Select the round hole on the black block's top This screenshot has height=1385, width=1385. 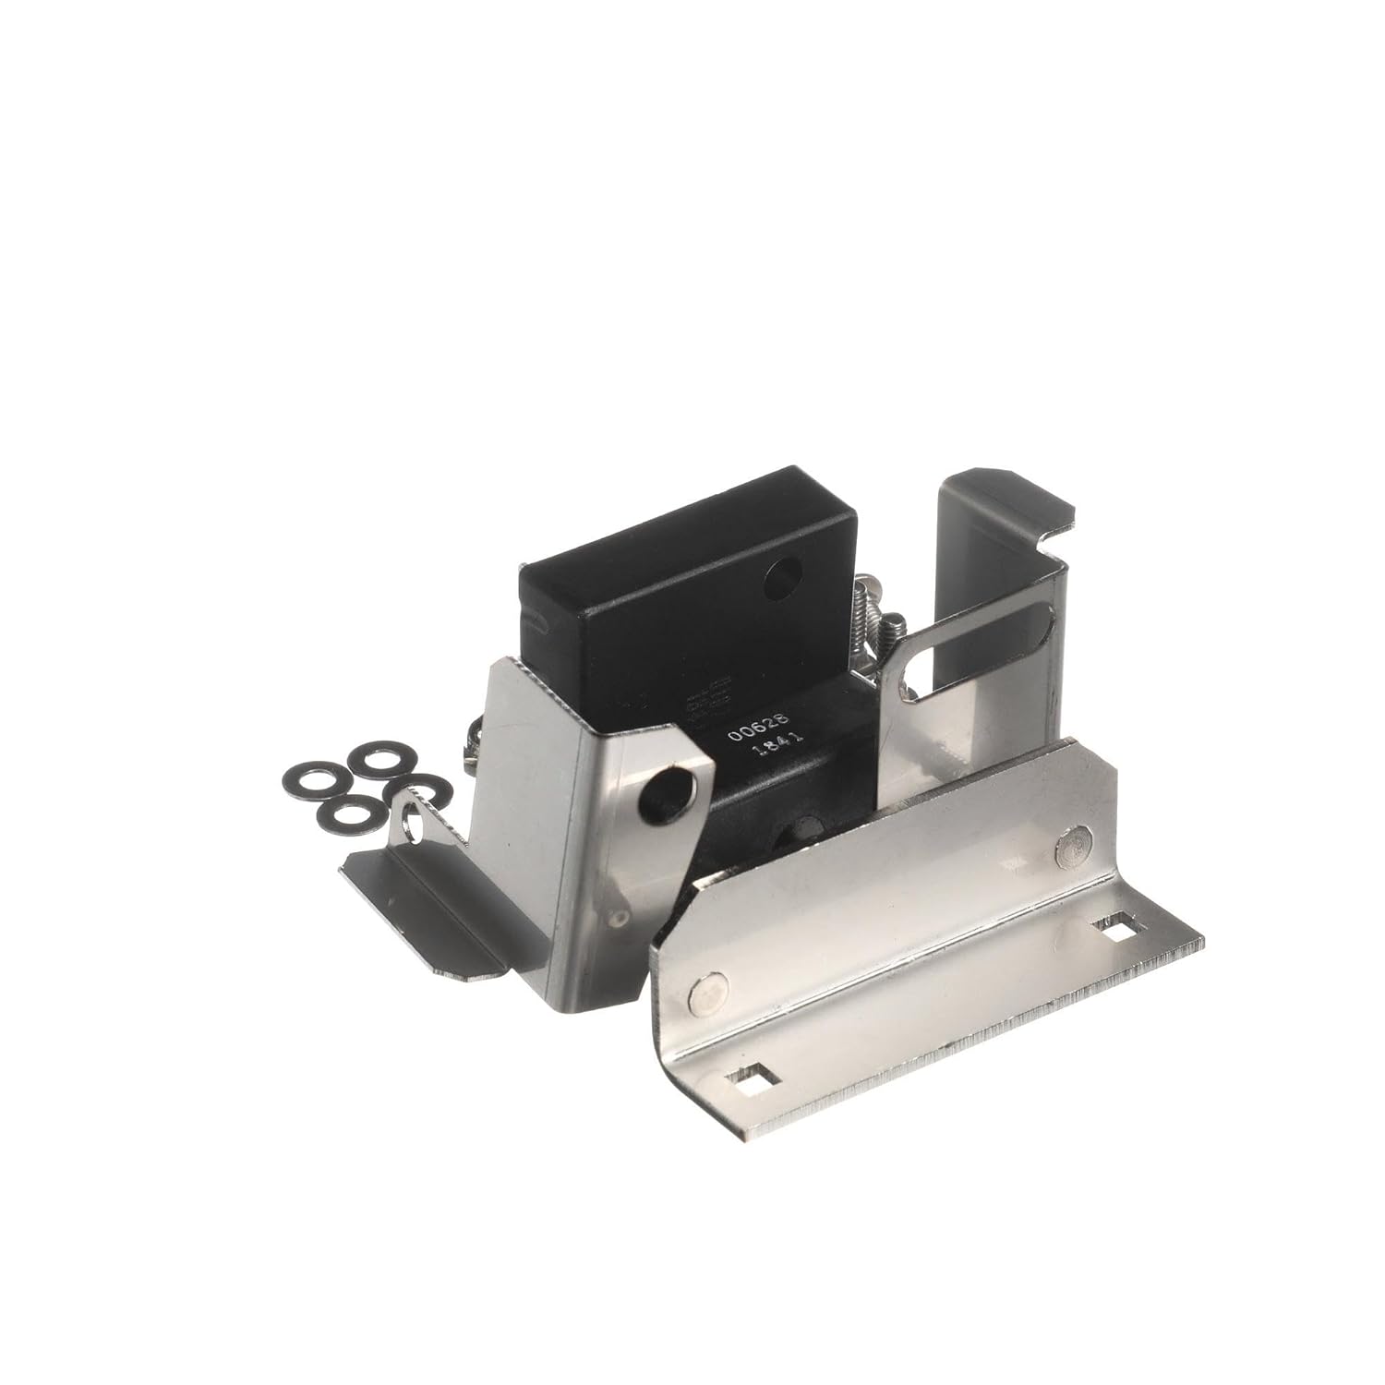point(778,579)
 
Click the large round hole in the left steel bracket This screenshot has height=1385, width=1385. point(666,790)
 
